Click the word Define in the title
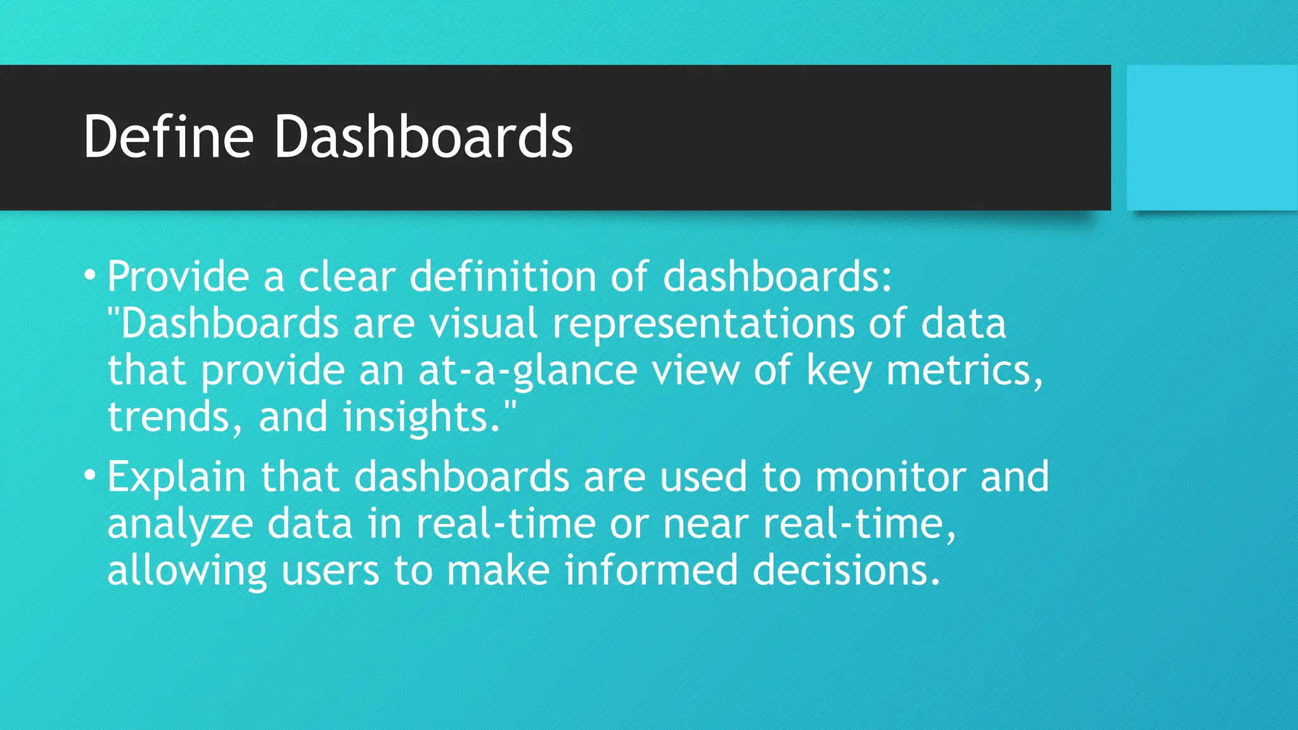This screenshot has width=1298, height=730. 169,136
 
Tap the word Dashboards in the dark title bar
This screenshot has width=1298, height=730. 423,136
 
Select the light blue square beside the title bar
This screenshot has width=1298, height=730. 1212,138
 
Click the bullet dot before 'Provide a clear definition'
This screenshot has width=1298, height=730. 91,275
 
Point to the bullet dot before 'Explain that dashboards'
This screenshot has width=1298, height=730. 91,475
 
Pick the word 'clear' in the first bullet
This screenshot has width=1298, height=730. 347,277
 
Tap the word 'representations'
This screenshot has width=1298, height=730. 703,324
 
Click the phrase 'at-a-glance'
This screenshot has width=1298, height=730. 527,371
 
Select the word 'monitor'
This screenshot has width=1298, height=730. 890,477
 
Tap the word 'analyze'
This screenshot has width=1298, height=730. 180,525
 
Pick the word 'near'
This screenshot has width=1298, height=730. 705,525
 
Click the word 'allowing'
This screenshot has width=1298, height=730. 187,570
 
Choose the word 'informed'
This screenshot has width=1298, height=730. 651,570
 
